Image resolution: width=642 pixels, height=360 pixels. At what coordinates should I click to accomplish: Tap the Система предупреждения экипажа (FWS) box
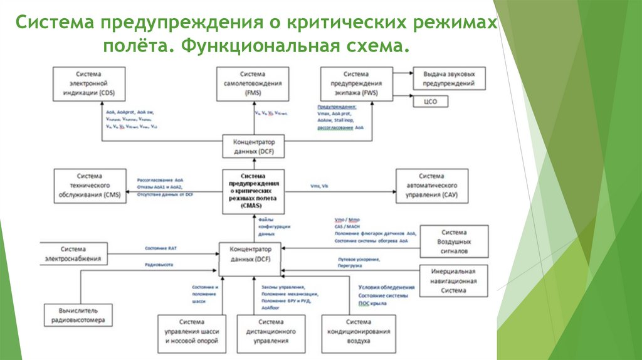pos(356,83)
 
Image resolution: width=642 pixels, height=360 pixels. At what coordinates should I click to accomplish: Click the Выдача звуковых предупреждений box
pos(449,78)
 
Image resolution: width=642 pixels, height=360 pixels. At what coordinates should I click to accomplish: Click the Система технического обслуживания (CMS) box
pos(90,185)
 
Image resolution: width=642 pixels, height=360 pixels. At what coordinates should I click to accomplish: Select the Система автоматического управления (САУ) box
pos(432,186)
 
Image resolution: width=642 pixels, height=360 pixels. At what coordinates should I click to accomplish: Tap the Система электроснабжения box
pos(73,253)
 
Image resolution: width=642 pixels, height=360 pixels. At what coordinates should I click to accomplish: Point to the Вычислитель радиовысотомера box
pos(78,315)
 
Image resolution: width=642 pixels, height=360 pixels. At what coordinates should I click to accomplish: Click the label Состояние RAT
pos(160,248)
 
